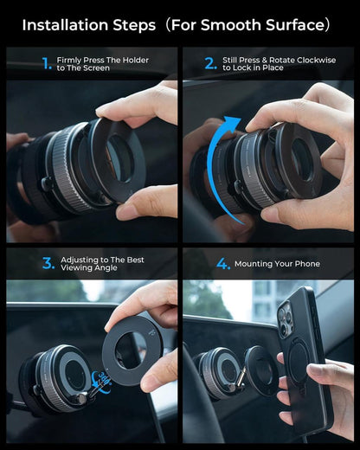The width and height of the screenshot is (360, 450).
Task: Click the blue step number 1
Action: [x=46, y=63]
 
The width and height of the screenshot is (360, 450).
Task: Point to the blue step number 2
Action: [x=210, y=63]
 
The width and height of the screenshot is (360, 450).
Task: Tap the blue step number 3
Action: [x=48, y=263]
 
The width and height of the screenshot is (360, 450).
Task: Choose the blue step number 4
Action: [x=223, y=263]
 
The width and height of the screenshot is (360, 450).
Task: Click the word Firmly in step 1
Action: [x=69, y=60]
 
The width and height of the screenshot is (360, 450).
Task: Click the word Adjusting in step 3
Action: [x=79, y=260]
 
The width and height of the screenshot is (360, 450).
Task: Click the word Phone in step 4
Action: [x=306, y=264]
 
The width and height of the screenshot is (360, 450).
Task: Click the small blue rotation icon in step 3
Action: [x=104, y=378]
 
